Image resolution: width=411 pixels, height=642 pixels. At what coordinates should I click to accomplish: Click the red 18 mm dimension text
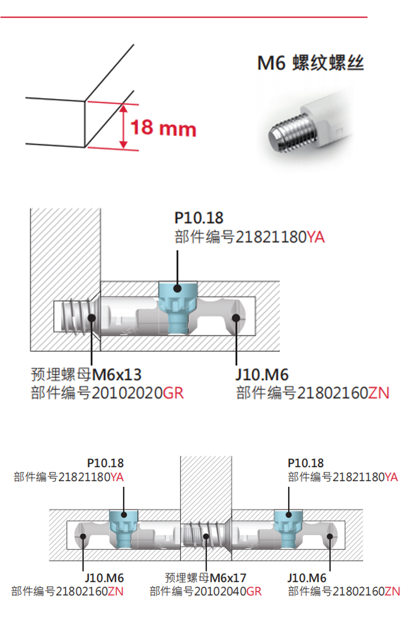click(x=163, y=127)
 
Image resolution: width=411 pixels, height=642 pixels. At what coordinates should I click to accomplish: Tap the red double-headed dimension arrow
click(x=123, y=126)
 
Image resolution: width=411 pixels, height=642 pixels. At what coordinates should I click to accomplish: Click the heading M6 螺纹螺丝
click(x=310, y=64)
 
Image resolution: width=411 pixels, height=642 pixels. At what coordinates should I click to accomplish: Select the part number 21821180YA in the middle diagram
click(x=250, y=237)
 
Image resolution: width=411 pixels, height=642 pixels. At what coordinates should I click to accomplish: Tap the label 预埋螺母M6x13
click(x=86, y=373)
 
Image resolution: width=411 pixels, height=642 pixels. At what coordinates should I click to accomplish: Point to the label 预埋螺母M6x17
click(x=206, y=577)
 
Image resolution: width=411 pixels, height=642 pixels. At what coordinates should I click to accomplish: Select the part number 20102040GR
click(x=206, y=591)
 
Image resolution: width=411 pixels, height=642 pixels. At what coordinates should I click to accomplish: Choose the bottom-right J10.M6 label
click(x=307, y=578)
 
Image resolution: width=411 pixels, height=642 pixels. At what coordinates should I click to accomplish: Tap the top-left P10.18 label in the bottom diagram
click(x=105, y=463)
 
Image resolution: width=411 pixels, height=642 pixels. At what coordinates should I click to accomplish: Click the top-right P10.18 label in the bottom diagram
click(x=306, y=463)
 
